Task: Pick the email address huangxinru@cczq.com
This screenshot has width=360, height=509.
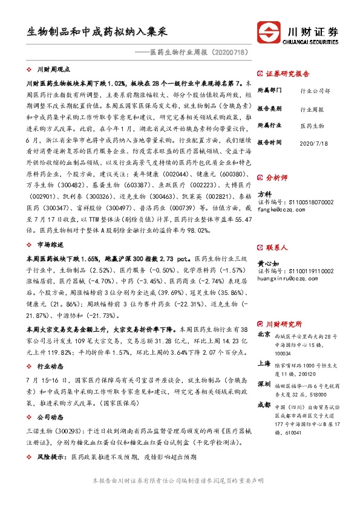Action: [286, 278]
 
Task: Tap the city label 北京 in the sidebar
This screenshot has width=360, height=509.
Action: [264, 334]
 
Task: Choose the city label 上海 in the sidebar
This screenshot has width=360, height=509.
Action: [264, 363]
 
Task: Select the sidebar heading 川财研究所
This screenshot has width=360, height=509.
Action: [284, 323]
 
